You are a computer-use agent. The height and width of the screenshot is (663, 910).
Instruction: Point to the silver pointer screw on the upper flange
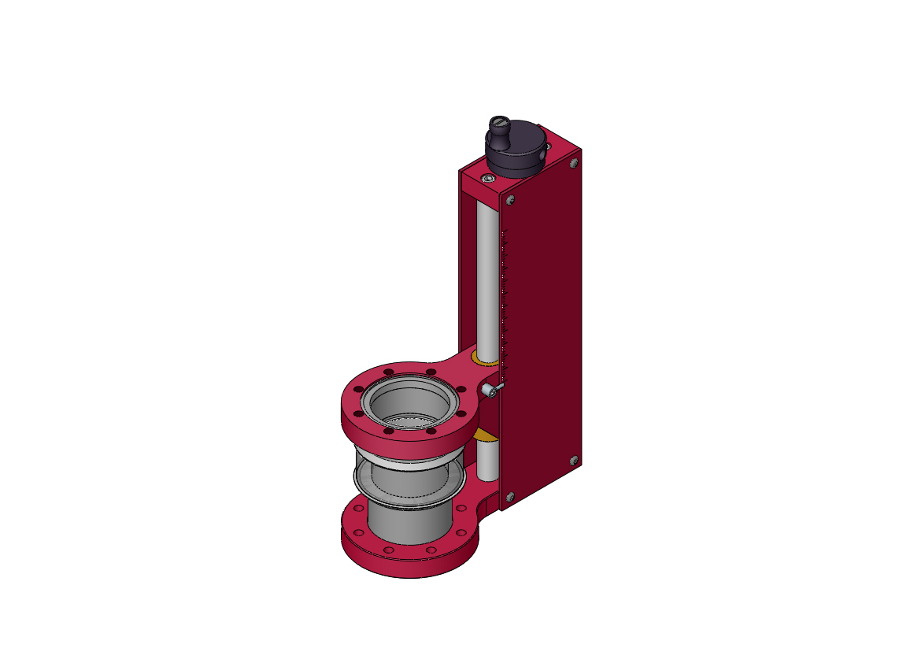point(492,389)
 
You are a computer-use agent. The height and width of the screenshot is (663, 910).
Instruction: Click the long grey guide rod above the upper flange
point(488,276)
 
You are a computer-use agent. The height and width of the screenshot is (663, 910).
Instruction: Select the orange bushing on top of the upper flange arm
point(484,360)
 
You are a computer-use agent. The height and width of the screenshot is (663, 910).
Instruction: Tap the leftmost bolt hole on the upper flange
point(358,391)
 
